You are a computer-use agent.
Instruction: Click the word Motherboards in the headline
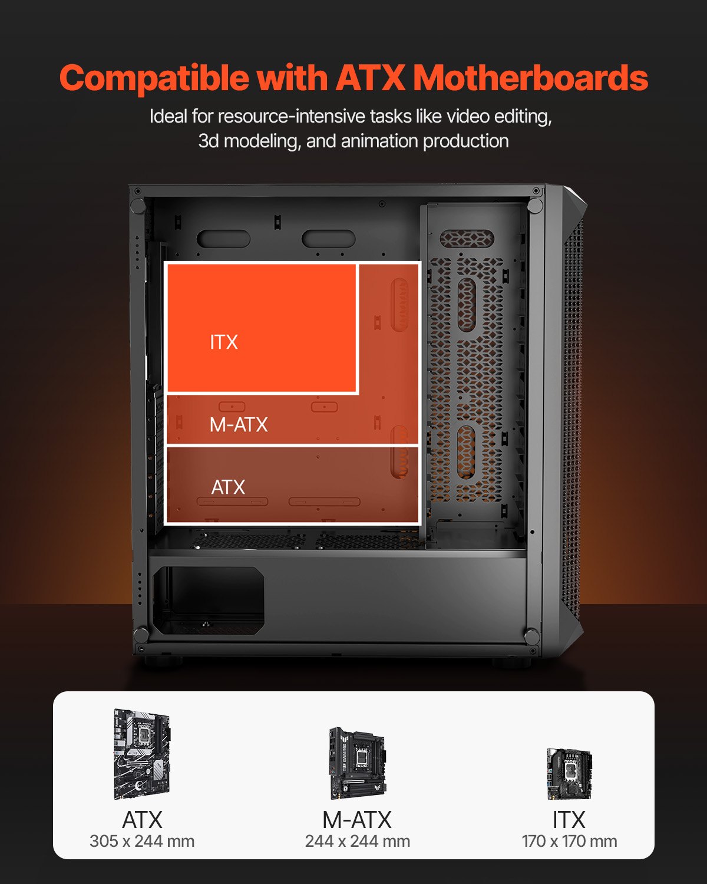click(x=530, y=78)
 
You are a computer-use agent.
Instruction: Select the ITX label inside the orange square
click(x=224, y=342)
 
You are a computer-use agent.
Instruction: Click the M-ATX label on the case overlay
click(x=239, y=424)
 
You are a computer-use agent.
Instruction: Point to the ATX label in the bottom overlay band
click(x=228, y=487)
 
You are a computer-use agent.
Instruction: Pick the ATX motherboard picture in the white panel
click(x=142, y=754)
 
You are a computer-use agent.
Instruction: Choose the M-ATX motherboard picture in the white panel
click(x=357, y=763)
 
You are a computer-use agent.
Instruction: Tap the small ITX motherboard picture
click(x=569, y=773)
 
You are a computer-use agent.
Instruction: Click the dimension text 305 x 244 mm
click(x=142, y=842)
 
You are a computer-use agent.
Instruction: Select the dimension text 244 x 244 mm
click(x=358, y=842)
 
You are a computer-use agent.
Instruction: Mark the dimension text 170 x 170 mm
click(x=569, y=842)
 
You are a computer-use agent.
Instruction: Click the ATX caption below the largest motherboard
click(x=142, y=820)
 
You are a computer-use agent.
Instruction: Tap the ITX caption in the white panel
click(x=569, y=820)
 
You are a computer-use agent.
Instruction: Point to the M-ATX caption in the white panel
click(x=357, y=820)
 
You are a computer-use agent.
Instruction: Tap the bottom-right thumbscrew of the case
click(x=531, y=636)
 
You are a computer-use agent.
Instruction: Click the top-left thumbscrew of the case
click(x=137, y=206)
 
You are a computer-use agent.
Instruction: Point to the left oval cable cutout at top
click(x=223, y=239)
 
